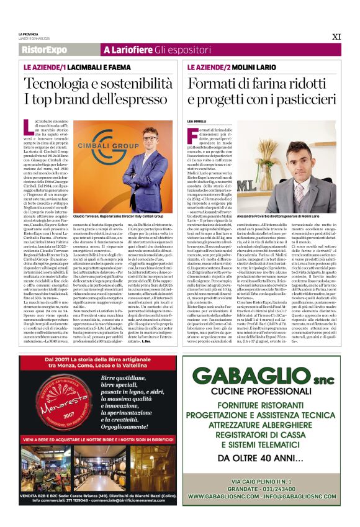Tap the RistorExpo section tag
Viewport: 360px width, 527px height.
click(x=44, y=49)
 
